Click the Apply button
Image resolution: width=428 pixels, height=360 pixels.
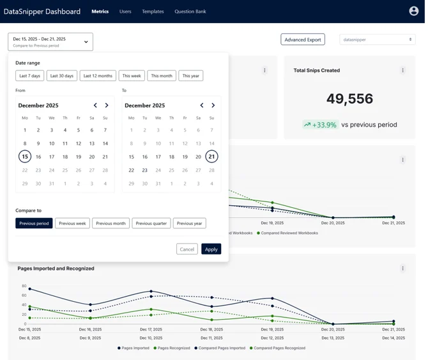coord(211,249)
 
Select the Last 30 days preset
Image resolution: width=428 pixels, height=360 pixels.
coord(61,75)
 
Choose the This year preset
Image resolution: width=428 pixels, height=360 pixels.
coord(190,75)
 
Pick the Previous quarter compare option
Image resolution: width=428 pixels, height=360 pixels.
coord(151,223)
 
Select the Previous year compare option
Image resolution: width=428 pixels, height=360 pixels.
coord(189,223)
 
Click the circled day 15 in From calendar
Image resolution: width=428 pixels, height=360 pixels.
coord(25,157)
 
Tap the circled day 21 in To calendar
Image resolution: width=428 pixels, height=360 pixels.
coord(211,157)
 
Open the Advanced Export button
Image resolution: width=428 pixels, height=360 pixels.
coord(303,40)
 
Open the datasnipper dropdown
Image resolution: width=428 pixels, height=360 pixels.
coord(378,40)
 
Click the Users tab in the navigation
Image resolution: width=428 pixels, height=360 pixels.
coord(125,12)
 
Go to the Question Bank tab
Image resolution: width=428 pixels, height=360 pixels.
coord(190,12)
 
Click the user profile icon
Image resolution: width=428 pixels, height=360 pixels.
coord(413,11)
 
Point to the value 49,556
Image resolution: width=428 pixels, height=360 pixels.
coord(349,98)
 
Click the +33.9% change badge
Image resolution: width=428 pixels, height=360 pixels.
coord(321,125)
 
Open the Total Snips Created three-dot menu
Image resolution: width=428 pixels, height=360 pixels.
coord(402,70)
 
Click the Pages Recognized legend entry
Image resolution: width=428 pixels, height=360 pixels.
coord(172,348)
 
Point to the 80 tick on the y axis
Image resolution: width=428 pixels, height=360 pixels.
coord(24,286)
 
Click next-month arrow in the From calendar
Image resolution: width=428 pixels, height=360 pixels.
coord(107,106)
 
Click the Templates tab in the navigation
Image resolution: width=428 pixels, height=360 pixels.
coord(153,12)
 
